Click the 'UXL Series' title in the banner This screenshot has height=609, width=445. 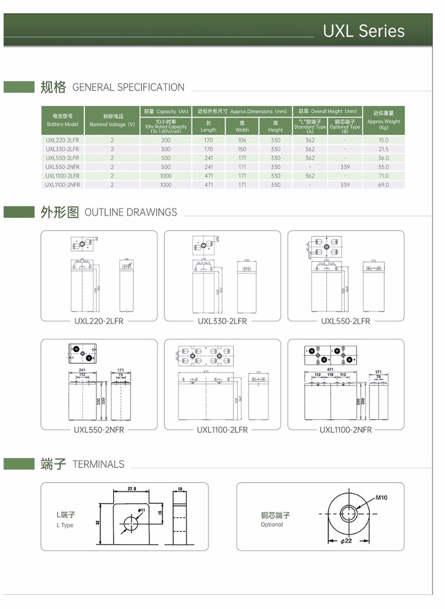pyautogui.click(x=363, y=31)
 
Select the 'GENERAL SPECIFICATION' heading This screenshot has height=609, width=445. pyautogui.click(x=128, y=88)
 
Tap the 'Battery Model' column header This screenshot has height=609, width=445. pyautogui.click(x=63, y=121)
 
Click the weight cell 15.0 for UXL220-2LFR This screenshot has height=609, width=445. pyautogui.click(x=384, y=140)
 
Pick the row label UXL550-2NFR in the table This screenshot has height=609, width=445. pyautogui.click(x=63, y=167)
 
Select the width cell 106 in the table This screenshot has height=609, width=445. pyautogui.click(x=242, y=140)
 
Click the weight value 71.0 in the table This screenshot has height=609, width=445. pyautogui.click(x=384, y=176)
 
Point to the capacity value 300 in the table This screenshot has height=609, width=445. pyautogui.click(x=166, y=149)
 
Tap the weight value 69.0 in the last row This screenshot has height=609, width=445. pyautogui.click(x=384, y=185)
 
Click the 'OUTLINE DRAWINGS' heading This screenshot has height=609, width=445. pyautogui.click(x=131, y=213)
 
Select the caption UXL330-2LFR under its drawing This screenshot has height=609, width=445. pyautogui.click(x=222, y=321)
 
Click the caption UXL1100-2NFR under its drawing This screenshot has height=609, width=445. pyautogui.click(x=345, y=430)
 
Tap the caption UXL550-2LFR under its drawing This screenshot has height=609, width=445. pyautogui.click(x=345, y=321)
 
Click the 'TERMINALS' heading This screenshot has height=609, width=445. pyautogui.click(x=98, y=464)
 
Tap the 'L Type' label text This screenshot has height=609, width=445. pyautogui.click(x=64, y=525)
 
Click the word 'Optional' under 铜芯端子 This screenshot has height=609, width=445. pyautogui.click(x=271, y=525)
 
